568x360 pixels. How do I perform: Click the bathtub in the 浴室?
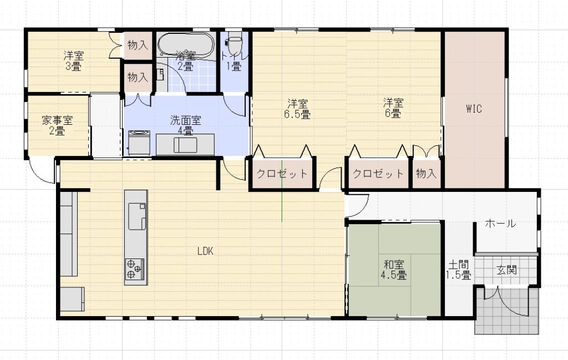186,45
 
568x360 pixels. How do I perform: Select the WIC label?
474,108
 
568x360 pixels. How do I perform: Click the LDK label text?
205,251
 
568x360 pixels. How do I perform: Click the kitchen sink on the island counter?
137,216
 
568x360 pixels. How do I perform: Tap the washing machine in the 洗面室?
139,143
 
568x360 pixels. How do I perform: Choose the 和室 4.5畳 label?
394,270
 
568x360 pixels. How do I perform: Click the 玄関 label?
506,270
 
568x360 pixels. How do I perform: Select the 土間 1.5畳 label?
458,270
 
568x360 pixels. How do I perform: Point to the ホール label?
500,224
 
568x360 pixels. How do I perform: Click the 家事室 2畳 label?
57,125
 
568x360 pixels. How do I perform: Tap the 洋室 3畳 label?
74,61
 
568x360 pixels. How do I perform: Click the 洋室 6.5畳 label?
297,109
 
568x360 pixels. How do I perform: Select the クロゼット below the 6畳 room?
378,174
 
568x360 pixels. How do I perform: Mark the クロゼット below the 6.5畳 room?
282,174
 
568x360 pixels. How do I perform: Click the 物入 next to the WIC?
426,174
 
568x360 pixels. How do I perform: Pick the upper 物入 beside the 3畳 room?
138,45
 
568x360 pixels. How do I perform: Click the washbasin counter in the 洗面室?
185,145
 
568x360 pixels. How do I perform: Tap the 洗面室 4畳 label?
185,125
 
